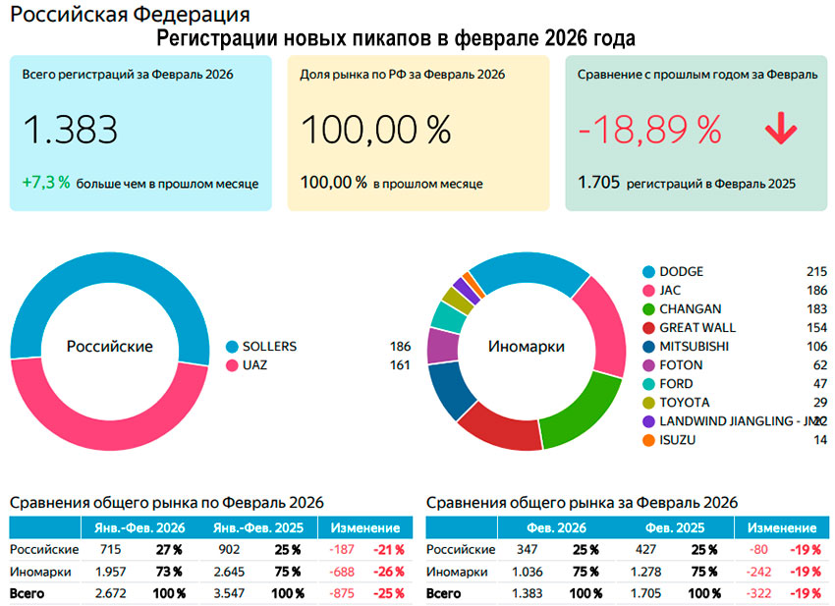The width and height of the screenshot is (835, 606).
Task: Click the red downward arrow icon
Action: (782, 130)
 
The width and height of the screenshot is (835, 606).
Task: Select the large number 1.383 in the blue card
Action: (70, 130)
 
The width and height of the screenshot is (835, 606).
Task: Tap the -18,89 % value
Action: (649, 130)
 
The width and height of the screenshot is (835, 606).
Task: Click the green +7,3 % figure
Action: (46, 183)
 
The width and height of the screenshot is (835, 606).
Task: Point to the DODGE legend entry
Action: (682, 271)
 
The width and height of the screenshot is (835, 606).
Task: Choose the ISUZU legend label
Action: (678, 440)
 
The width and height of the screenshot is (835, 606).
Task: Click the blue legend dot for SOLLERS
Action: (233, 347)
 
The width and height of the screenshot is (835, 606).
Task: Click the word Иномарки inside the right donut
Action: (526, 347)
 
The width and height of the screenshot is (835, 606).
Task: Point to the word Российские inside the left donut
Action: (109, 347)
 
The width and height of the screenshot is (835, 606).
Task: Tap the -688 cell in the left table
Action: (344, 572)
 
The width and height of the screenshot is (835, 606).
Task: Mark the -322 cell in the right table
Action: (760, 594)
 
